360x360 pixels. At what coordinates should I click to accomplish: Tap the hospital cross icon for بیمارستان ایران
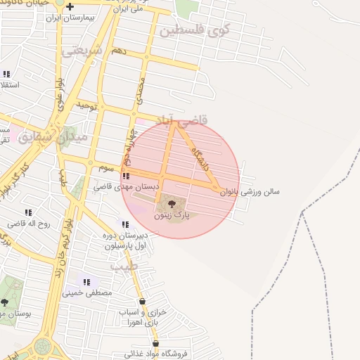[70, 7]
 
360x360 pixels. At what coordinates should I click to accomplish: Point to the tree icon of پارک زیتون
[170, 205]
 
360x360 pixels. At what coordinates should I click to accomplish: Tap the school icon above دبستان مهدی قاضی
[125, 176]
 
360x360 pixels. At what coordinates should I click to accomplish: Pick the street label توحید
[85, 105]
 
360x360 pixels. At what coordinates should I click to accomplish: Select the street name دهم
[119, 51]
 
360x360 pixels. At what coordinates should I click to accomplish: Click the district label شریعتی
[82, 50]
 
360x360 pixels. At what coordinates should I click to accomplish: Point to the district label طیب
[122, 267]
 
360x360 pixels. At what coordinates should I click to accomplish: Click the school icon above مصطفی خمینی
[87, 281]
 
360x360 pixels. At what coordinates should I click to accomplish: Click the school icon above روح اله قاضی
[28, 212]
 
